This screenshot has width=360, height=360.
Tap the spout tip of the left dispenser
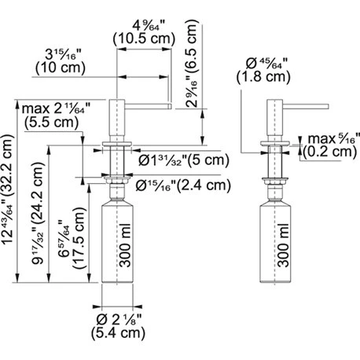coord(167,101)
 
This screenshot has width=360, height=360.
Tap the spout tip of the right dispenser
coord(323,101)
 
